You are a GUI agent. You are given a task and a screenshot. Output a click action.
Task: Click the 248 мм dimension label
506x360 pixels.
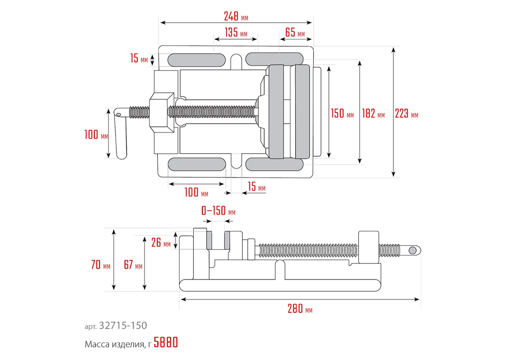tap(236, 16)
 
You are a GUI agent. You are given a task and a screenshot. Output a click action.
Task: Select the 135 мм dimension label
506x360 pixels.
tap(236, 32)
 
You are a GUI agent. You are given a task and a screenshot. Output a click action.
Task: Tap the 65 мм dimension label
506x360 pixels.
tap(295, 32)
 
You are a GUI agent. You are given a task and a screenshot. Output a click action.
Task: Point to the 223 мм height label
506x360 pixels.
tap(406, 114)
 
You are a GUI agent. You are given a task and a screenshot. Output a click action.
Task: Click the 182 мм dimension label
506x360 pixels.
tap(373, 114)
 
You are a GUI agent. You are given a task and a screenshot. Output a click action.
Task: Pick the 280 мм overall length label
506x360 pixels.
tap(300, 309)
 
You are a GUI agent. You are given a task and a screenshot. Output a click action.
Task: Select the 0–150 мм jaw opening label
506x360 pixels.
tap(218, 211)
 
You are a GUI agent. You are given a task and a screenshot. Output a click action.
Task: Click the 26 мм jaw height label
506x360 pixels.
tap(161, 243)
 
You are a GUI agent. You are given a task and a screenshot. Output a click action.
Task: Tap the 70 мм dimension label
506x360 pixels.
tap(100, 265)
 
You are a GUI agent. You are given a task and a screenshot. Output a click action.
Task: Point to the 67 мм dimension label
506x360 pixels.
tap(133, 265)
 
